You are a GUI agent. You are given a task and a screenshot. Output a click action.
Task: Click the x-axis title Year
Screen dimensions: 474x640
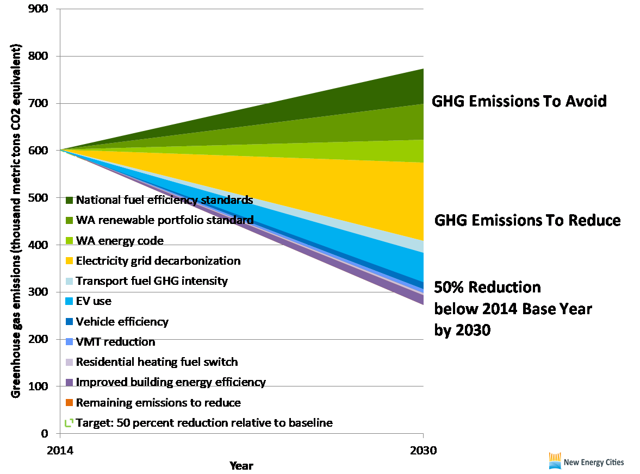tap(241, 465)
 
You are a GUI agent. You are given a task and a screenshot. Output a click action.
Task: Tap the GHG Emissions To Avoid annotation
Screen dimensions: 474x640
tap(519, 101)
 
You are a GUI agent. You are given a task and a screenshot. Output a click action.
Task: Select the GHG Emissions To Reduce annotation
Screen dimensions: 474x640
tap(527, 220)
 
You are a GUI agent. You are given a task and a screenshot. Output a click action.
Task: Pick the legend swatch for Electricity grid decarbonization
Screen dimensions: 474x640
tap(69, 261)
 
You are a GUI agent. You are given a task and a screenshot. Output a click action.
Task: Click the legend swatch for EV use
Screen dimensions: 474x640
tap(69, 302)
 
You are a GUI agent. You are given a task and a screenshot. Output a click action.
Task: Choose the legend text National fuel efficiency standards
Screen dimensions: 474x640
tap(164, 200)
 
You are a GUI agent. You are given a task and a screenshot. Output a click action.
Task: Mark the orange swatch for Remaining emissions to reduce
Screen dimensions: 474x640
tap(69, 403)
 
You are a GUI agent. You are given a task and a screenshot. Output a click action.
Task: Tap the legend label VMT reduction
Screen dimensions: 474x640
tap(115, 342)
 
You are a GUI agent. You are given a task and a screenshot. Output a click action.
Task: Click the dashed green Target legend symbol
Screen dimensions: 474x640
tap(69, 423)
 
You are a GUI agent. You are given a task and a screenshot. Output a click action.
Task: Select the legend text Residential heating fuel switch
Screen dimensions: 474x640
tap(157, 362)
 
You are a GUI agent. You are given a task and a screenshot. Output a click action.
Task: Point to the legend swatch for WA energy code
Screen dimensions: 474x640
tap(69, 241)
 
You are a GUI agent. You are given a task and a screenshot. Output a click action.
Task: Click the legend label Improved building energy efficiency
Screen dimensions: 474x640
tap(171, 382)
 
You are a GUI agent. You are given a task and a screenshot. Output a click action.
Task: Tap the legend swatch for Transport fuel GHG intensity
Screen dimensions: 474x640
tap(69, 282)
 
